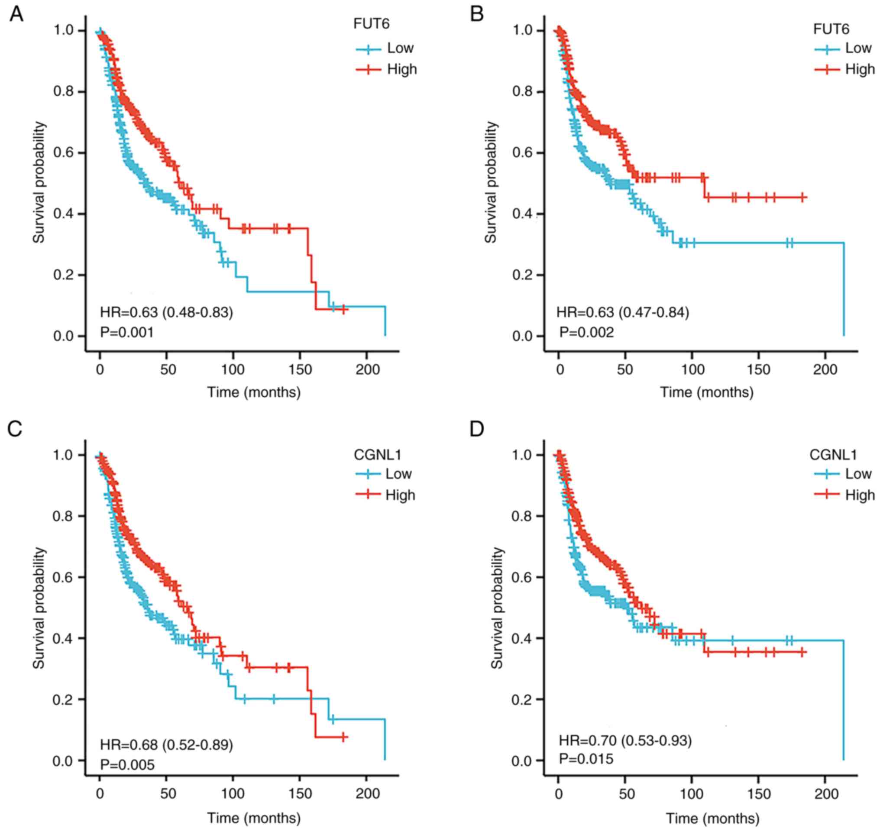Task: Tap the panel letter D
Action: click(477, 429)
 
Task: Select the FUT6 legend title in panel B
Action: click(831, 29)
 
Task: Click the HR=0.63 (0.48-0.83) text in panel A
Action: click(166, 312)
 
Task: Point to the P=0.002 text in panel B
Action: click(586, 332)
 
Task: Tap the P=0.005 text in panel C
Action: click(127, 764)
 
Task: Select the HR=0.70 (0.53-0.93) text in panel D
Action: click(625, 740)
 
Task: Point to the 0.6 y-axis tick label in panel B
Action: click(521, 153)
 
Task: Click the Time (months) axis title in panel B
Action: click(707, 392)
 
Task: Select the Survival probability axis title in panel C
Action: click(39, 608)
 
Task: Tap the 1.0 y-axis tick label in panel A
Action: click(63, 31)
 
